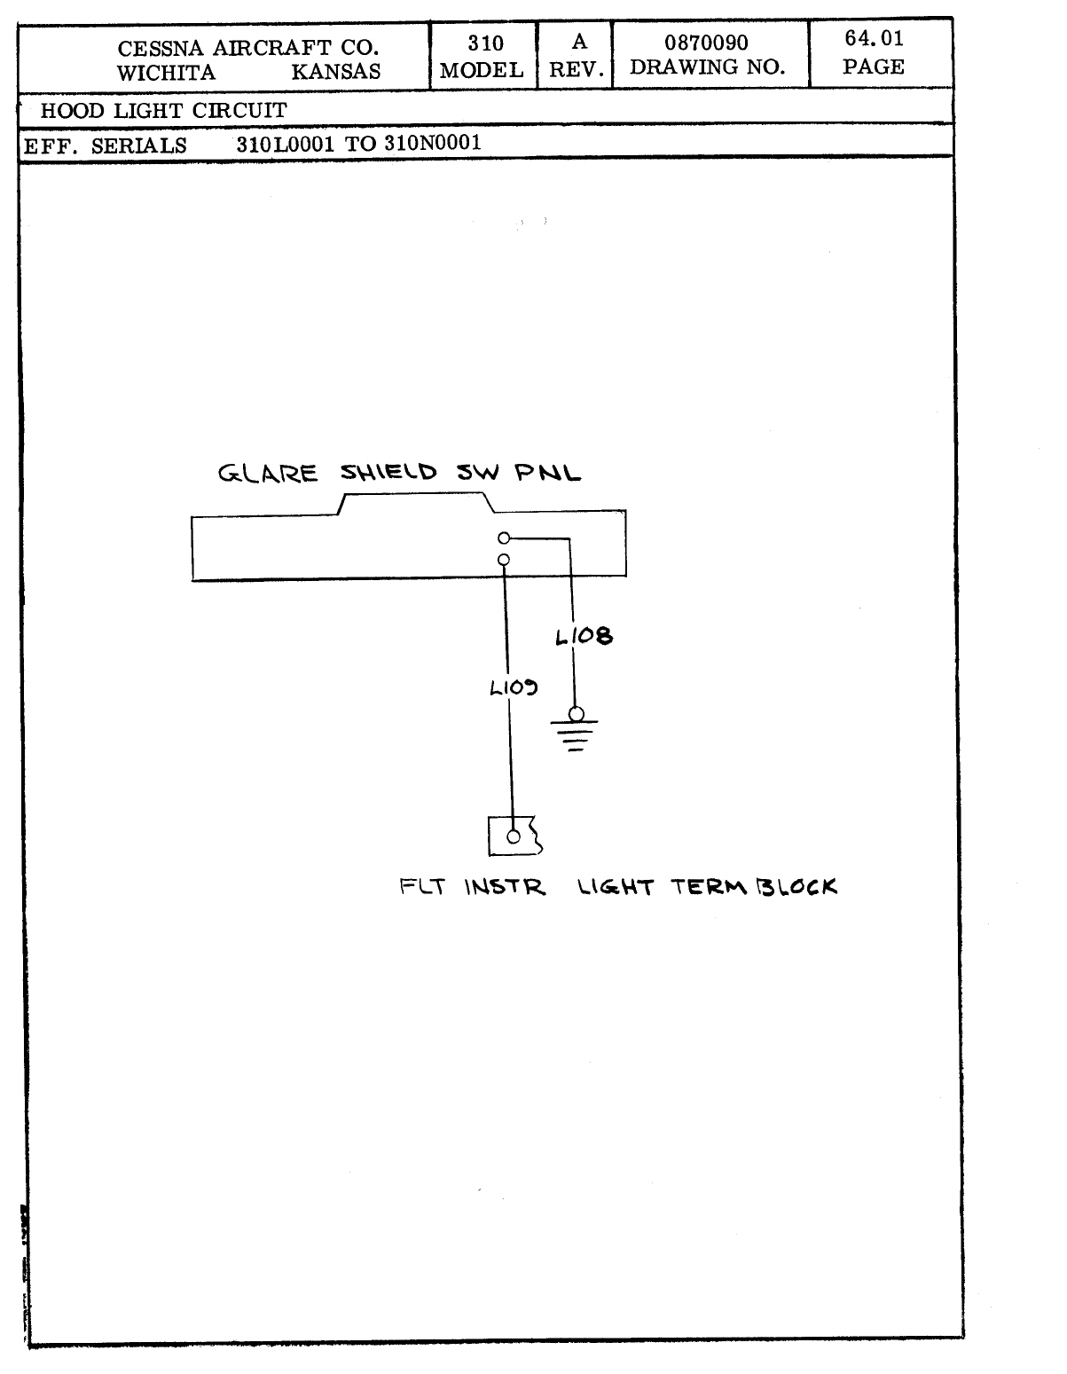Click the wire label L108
[584, 636]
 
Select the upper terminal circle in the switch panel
[504, 538]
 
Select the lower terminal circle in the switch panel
[504, 560]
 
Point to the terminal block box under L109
[514, 836]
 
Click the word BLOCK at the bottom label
[796, 886]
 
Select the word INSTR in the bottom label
[505, 887]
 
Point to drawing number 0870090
[707, 43]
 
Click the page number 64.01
[874, 39]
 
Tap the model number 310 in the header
[485, 43]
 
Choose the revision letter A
[578, 42]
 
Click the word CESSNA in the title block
[162, 48]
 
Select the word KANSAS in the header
[336, 73]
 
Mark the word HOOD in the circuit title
[73, 112]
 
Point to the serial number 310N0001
[433, 144]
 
